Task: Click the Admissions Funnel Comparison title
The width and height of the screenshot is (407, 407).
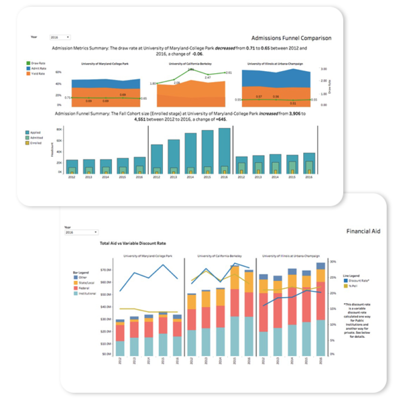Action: [x=291, y=38]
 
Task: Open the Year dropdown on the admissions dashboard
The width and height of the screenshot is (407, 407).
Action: [x=60, y=37]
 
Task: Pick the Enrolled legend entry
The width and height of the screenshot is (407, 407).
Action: [x=36, y=143]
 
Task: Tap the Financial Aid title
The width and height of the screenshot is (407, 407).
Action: [x=363, y=231]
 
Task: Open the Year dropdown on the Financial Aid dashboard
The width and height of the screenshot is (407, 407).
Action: [x=81, y=232]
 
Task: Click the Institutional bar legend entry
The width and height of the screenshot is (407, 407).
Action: [x=87, y=293]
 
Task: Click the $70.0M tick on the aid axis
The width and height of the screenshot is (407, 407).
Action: [x=106, y=270]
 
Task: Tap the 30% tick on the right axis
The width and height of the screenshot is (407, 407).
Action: [x=332, y=261]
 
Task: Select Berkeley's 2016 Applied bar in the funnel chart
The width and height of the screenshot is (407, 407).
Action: [x=224, y=151]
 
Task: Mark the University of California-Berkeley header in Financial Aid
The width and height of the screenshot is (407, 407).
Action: [x=219, y=256]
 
